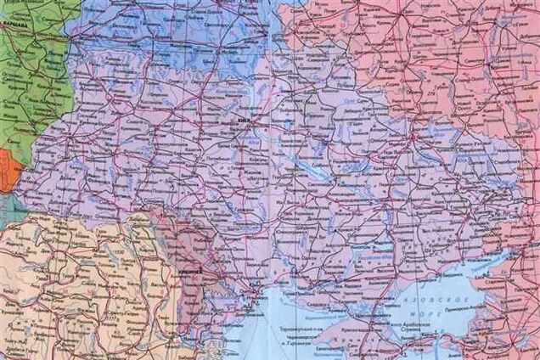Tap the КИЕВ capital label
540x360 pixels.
click(x=246, y=122)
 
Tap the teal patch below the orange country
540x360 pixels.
click(x=8, y=208)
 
